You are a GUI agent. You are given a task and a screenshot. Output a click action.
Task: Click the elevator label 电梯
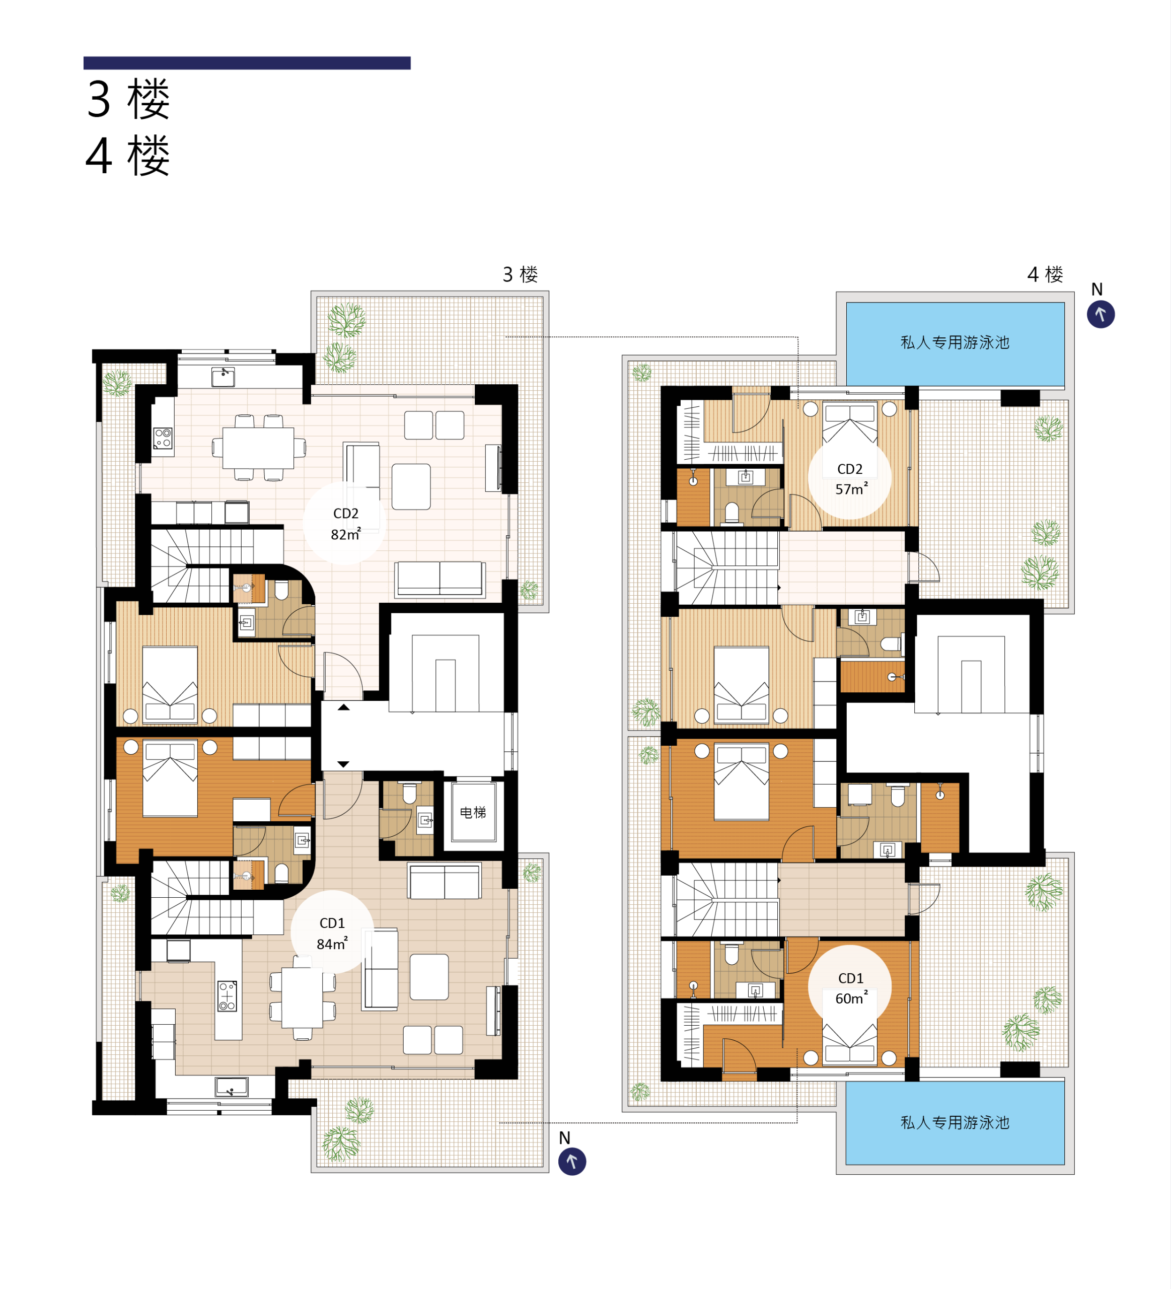(x=473, y=813)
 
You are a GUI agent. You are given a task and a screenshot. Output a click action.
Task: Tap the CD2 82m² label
(x=346, y=524)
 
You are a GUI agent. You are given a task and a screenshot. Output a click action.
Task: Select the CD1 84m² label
(x=332, y=934)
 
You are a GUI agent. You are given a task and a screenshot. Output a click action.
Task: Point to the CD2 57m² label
(x=851, y=479)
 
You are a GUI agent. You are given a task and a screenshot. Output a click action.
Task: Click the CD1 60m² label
(x=851, y=988)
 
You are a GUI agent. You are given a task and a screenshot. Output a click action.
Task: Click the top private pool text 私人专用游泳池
(x=955, y=343)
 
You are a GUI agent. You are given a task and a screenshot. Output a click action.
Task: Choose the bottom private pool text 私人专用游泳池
(x=955, y=1123)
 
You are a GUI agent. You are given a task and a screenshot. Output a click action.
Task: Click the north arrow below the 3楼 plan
(x=572, y=1162)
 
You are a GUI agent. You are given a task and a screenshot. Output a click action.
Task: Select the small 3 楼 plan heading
(x=520, y=275)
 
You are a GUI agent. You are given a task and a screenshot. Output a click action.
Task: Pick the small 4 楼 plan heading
(x=1045, y=275)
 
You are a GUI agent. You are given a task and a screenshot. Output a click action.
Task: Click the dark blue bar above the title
(x=247, y=62)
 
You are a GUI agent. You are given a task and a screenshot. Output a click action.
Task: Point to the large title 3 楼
(x=128, y=100)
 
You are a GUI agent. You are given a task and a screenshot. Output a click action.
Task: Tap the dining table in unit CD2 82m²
(x=258, y=448)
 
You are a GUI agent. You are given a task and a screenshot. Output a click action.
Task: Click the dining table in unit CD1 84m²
(x=303, y=998)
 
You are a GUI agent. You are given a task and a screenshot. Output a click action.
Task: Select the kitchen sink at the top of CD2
(x=223, y=377)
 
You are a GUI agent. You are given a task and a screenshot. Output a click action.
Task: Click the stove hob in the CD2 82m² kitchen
(x=163, y=438)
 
